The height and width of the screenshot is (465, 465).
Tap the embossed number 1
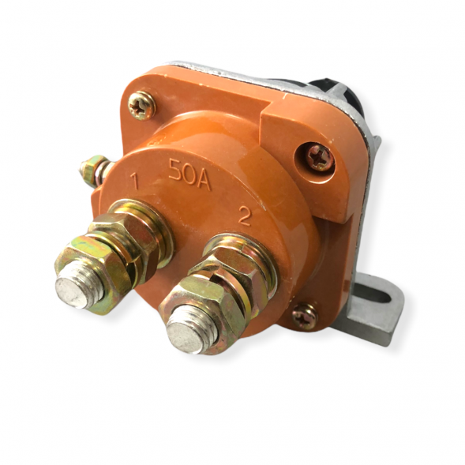[x=135, y=182]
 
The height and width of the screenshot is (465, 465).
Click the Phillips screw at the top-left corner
[x=141, y=105]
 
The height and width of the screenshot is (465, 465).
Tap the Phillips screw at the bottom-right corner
[x=306, y=316]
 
